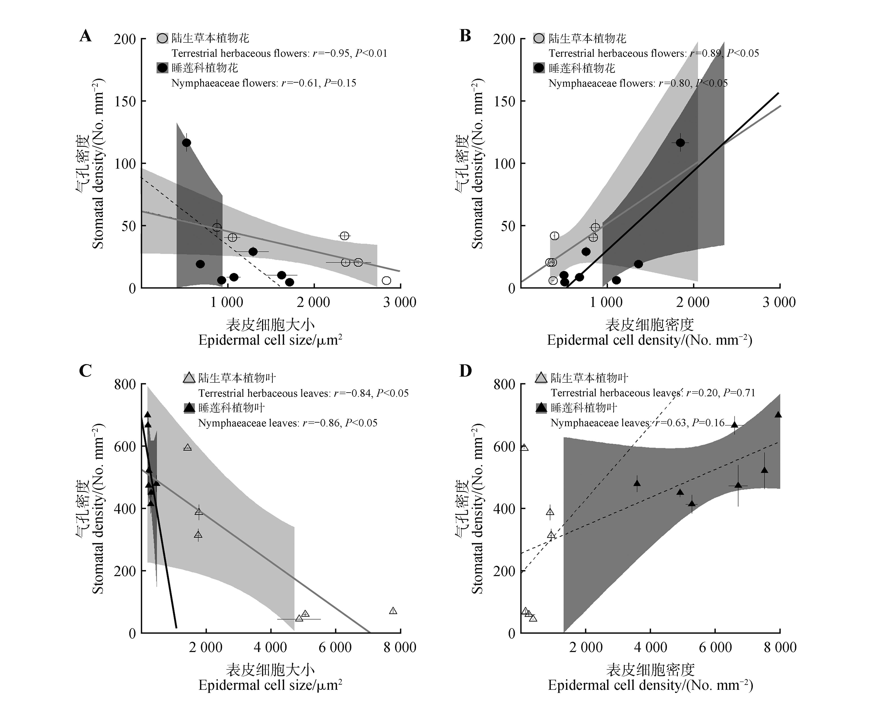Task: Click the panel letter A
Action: (x=85, y=36)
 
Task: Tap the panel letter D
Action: (x=465, y=371)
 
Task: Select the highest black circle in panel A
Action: (x=186, y=143)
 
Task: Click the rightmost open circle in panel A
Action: (x=387, y=280)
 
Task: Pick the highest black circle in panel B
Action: (x=680, y=143)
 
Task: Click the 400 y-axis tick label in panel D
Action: (x=504, y=509)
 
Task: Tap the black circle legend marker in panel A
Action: (x=162, y=68)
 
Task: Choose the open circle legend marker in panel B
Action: (x=539, y=39)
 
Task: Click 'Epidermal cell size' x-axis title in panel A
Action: (x=270, y=340)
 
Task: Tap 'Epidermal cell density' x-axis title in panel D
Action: (x=650, y=685)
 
